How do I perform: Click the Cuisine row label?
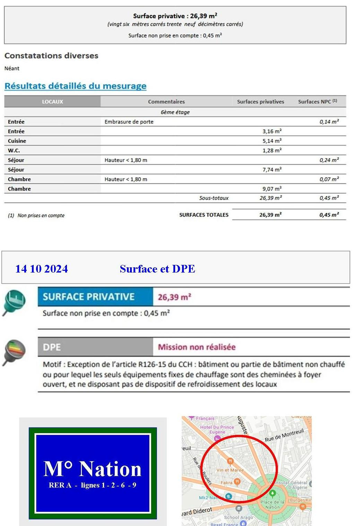tap(17, 141)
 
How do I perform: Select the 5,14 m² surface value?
tap(272, 141)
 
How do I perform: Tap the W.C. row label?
tap(14, 150)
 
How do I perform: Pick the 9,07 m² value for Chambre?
tap(272, 189)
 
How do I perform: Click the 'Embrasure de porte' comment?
tap(129, 122)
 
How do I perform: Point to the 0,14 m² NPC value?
tap(329, 122)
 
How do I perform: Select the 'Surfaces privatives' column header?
tap(260, 102)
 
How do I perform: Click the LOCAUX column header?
tap(52, 102)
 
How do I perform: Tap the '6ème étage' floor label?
tap(175, 112)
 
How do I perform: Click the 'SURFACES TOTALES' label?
tap(204, 215)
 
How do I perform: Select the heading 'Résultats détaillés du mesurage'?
tap(75, 86)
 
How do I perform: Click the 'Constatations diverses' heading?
tap(51, 55)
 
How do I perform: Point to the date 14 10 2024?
tap(42, 269)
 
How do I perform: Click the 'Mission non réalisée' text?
tap(197, 347)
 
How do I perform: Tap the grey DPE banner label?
tap(52, 347)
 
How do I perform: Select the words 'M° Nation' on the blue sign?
tap(93, 469)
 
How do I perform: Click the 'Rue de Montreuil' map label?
tap(284, 435)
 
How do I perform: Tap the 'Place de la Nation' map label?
tap(272, 505)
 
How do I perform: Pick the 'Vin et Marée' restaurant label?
tap(230, 470)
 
